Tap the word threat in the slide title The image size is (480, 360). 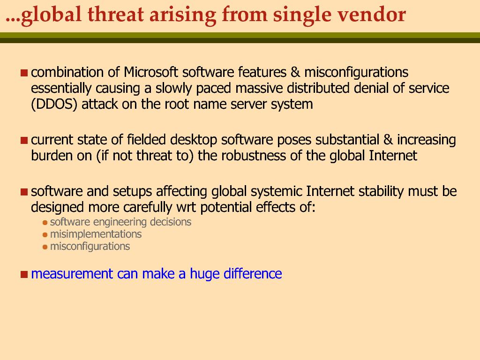point(116,14)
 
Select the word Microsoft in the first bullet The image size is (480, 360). point(150,72)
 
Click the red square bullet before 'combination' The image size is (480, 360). point(24,73)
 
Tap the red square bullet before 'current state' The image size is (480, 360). point(24,140)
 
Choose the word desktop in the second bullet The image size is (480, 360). point(194,140)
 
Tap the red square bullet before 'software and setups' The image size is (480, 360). point(24,192)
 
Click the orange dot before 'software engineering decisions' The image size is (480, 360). point(45,223)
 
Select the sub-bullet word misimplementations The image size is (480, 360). point(96,234)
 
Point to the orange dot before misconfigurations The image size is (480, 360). point(45,247)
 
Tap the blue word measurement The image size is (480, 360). point(72,274)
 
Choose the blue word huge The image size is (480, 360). point(204,274)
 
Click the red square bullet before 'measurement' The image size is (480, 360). point(24,274)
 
